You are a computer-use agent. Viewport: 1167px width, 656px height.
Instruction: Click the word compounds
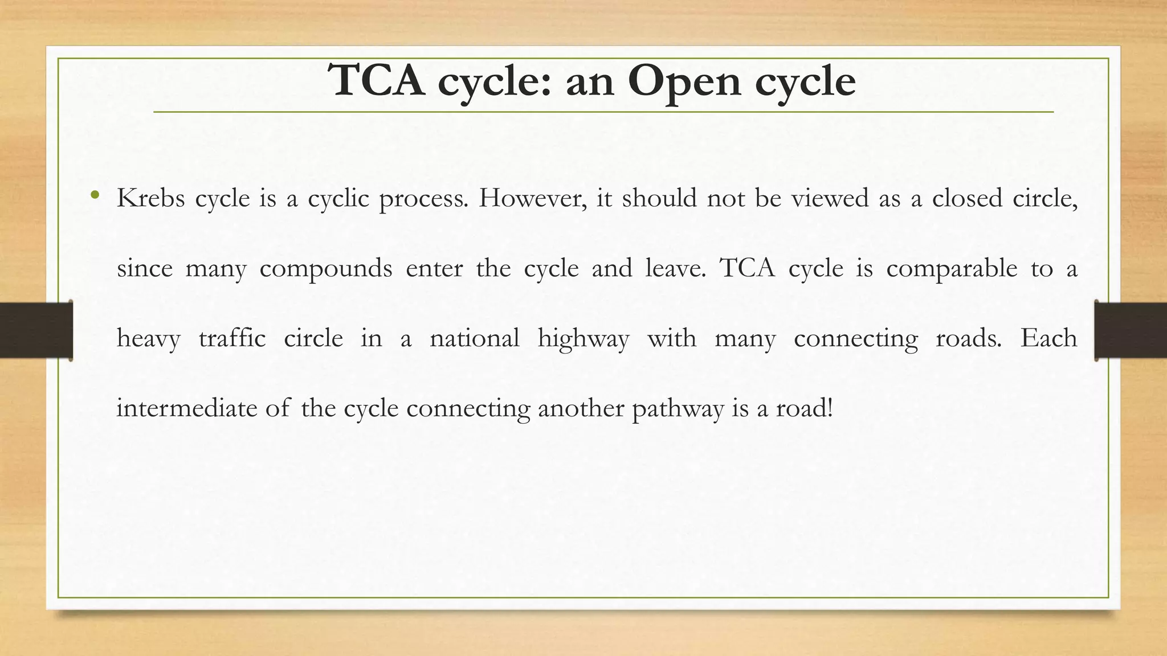tap(325, 269)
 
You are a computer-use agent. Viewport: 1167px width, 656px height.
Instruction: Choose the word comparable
tap(952, 269)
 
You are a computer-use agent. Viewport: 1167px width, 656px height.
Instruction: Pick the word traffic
tap(232, 338)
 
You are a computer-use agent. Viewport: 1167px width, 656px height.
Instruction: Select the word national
tap(474, 338)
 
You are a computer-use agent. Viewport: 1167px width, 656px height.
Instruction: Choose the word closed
tap(966, 198)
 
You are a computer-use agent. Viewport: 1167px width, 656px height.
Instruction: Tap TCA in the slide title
tap(377, 81)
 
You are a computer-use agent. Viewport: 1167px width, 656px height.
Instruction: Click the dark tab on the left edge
tap(36, 330)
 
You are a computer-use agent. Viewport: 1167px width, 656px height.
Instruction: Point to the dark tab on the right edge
tap(1131, 330)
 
